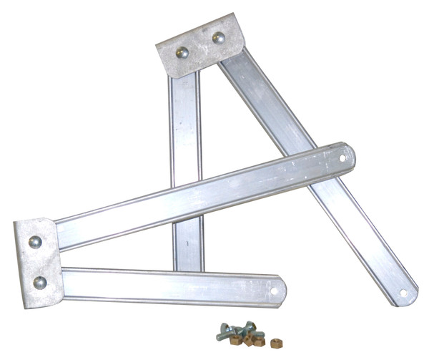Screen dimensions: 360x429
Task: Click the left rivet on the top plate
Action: coord(183,52)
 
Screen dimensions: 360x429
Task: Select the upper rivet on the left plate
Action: coord(34,242)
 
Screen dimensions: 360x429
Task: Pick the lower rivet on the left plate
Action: coord(40,282)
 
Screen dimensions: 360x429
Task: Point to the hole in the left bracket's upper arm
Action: coord(342,157)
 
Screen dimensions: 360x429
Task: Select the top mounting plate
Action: coord(201,44)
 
